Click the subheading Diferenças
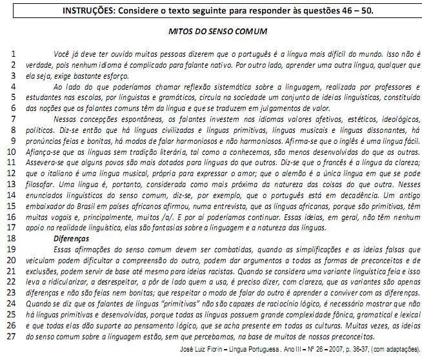[72, 237]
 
